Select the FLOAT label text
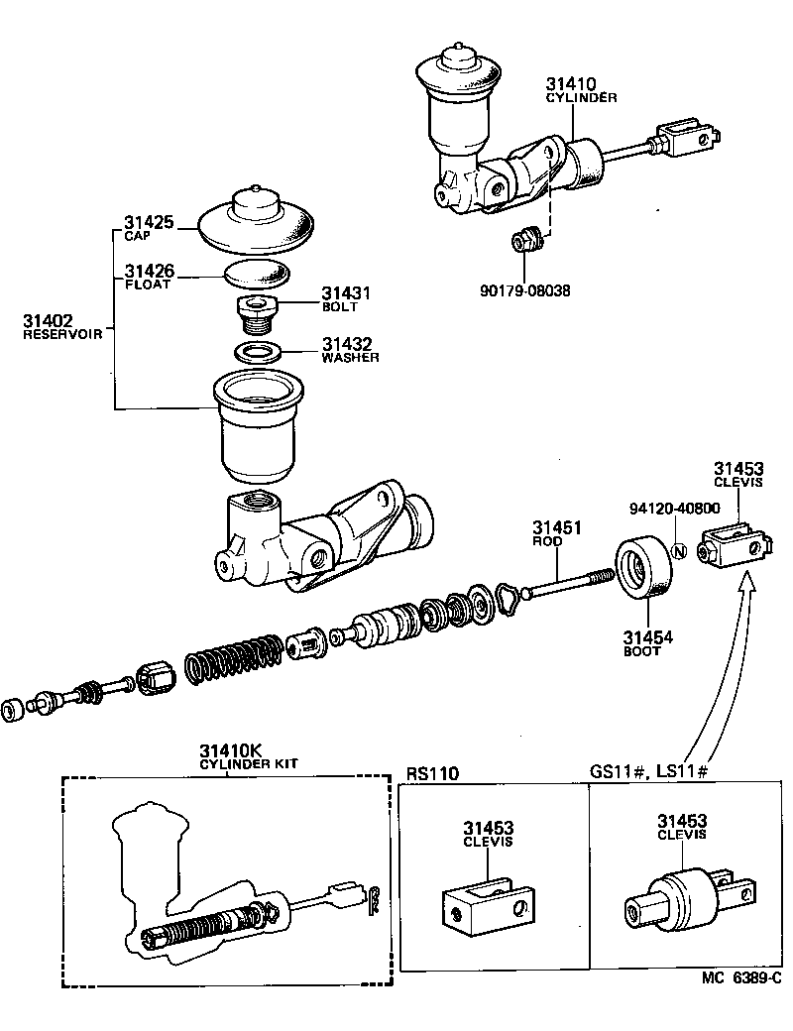148,285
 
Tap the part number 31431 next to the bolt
345,293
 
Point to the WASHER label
350,357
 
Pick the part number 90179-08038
524,290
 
